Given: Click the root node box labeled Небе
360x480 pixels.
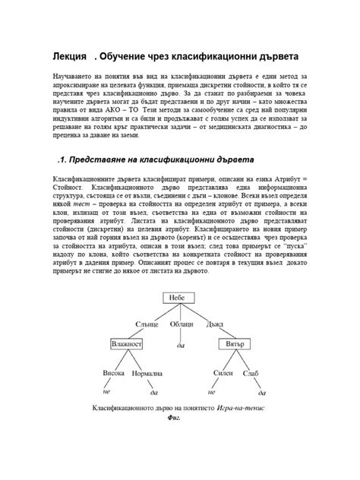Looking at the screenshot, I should tap(178, 298).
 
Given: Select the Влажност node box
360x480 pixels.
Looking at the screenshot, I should tap(128, 343).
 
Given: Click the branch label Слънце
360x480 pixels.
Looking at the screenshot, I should tap(147, 324).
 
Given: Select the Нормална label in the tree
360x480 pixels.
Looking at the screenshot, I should tap(147, 374).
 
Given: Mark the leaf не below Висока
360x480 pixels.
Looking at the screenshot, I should tap(106, 391).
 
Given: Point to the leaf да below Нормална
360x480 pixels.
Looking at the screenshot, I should tap(153, 393).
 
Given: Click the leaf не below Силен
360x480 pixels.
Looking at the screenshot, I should tap(213, 391).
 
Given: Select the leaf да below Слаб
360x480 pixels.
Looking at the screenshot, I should tap(263, 393).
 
